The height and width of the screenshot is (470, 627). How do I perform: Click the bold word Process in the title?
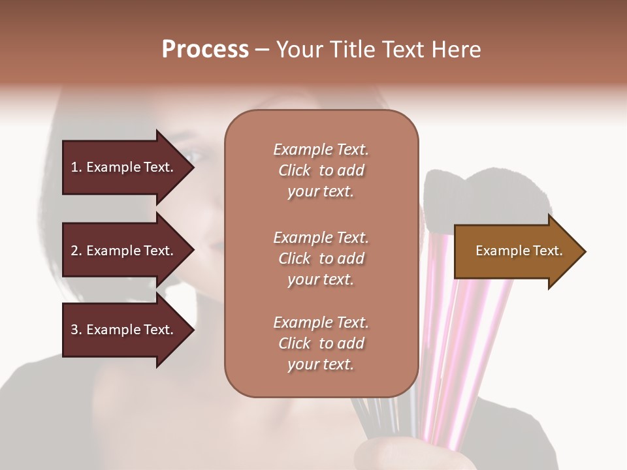(205, 50)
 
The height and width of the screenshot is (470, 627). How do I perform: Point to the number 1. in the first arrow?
(76, 167)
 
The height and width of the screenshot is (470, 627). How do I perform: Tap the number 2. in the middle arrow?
(76, 251)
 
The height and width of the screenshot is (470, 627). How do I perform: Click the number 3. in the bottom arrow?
(76, 330)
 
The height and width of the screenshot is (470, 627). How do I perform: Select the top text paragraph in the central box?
(321, 170)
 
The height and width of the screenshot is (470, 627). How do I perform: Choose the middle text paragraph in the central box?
(321, 258)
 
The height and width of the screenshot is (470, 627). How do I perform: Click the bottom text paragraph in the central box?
(321, 343)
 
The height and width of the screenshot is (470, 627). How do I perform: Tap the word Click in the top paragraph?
(295, 170)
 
